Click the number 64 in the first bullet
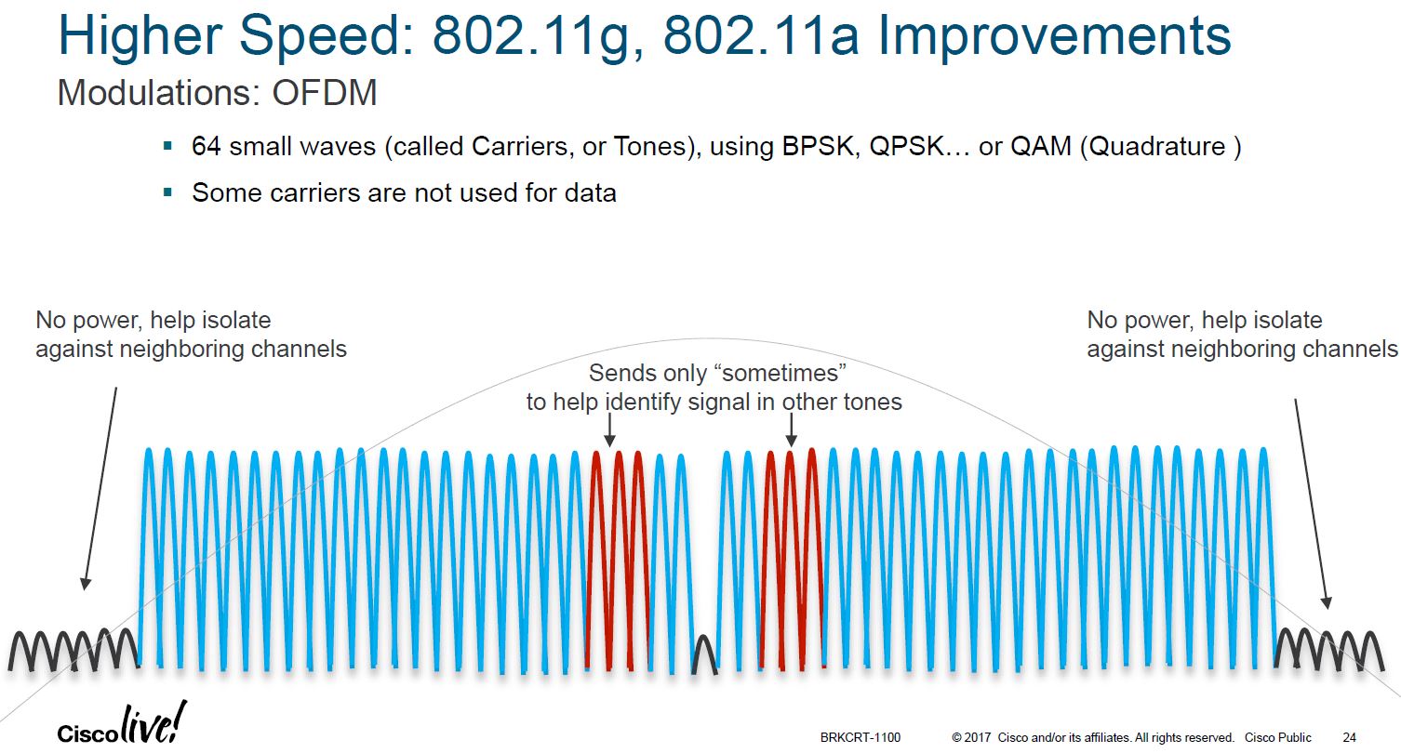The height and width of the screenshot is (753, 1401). coord(206,147)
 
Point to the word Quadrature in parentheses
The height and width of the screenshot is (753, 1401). coord(1154,147)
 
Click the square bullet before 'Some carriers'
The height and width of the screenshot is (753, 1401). coord(167,192)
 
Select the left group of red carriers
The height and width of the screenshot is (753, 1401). coord(615,558)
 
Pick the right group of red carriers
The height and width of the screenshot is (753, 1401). coord(790,558)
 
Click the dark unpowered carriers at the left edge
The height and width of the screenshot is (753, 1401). coord(73,649)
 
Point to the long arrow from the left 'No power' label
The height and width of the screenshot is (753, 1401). coord(100,488)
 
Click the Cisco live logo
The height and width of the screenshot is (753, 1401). coord(122,725)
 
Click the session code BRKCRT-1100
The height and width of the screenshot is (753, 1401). coord(861,737)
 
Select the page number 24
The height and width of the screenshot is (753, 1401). coord(1350,737)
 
